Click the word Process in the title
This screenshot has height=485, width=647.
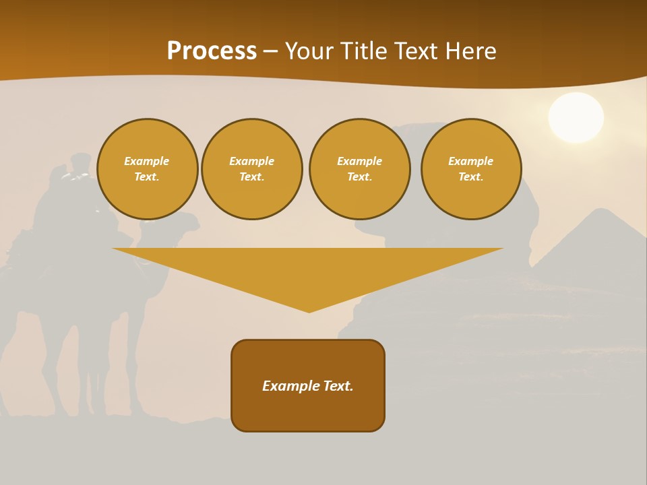[x=212, y=51]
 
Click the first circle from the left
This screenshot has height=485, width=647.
[x=147, y=169]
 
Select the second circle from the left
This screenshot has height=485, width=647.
[x=252, y=169]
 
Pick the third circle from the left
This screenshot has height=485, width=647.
[x=360, y=169]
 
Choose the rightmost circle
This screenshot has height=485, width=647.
[x=471, y=169]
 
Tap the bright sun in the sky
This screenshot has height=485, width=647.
[x=576, y=118]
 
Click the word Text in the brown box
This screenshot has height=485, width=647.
[x=338, y=386]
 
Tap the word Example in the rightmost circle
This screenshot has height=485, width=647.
[x=471, y=161]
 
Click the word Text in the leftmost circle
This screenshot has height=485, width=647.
[x=146, y=177]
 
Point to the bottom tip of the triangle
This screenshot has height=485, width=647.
[x=309, y=311]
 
